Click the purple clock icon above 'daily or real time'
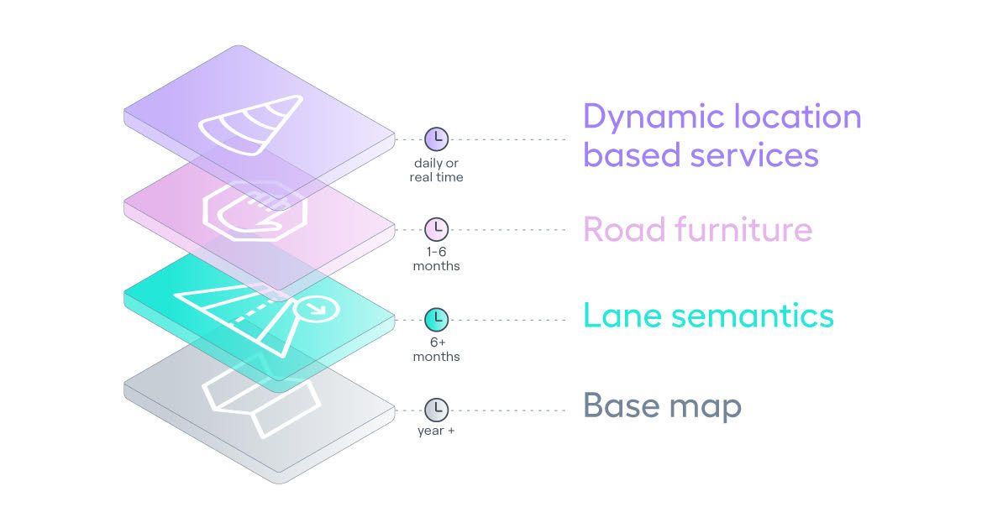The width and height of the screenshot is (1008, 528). point(436,139)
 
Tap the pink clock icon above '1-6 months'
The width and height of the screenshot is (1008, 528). point(436,229)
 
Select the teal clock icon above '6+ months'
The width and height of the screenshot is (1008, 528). point(436,319)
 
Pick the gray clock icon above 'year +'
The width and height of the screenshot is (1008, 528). point(436,410)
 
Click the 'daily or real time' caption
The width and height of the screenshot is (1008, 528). point(436,170)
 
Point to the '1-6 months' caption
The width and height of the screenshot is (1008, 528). point(436,259)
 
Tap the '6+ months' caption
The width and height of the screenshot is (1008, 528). point(436,350)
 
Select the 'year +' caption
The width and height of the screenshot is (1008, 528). point(436,431)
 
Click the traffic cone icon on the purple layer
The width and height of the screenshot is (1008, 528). point(249,127)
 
